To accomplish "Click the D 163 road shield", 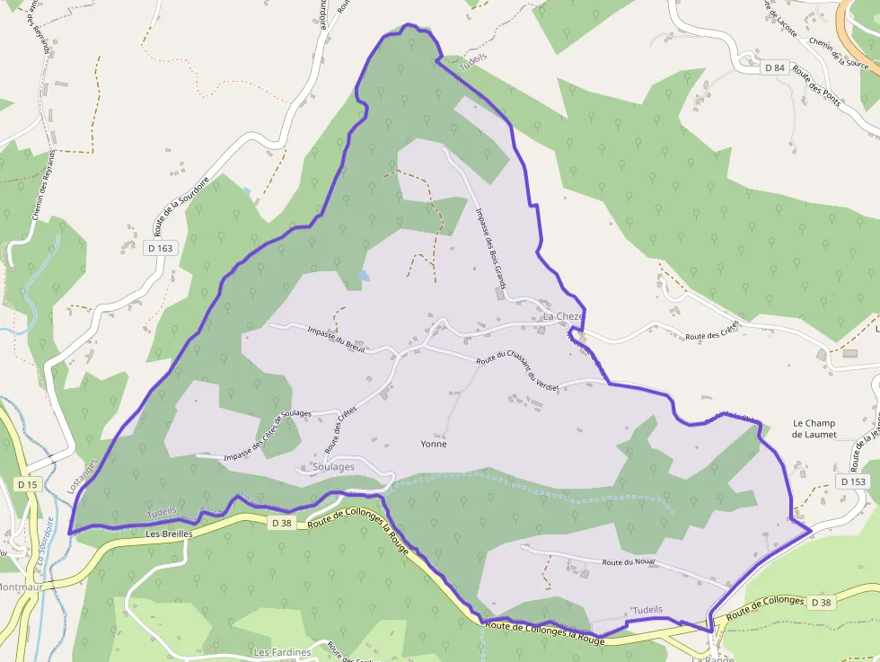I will click(x=159, y=247).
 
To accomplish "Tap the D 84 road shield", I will click(x=775, y=67).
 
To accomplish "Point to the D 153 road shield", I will click(x=855, y=481).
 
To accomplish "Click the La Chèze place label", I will click(x=563, y=317).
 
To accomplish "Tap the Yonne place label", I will click(x=434, y=444).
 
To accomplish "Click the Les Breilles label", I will click(x=169, y=534).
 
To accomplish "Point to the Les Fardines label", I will click(x=282, y=652).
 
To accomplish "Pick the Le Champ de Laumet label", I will click(x=814, y=428).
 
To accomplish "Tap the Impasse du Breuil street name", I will click(x=336, y=339).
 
